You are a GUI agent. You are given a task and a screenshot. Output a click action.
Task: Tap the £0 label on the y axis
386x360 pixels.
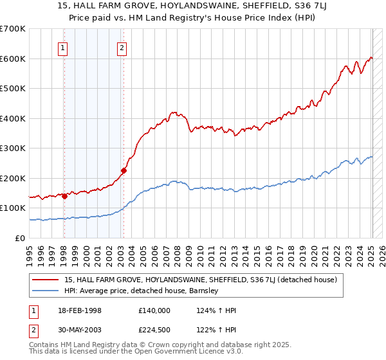(20, 239)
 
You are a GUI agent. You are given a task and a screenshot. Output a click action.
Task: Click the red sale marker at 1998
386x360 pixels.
(65, 196)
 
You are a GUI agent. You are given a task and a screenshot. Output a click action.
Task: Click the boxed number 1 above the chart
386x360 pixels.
(63, 46)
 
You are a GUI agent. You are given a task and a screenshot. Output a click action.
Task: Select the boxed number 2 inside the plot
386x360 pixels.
(122, 46)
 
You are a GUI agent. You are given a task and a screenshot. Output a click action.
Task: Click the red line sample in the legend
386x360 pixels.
(46, 280)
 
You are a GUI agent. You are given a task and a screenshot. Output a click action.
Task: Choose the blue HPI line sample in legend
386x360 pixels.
(46, 291)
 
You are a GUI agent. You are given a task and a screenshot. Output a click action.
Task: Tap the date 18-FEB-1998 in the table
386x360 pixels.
(80, 310)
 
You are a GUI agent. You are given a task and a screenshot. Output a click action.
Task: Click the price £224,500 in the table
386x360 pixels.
(154, 328)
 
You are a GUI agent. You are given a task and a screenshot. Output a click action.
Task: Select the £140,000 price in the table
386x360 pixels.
(154, 310)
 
